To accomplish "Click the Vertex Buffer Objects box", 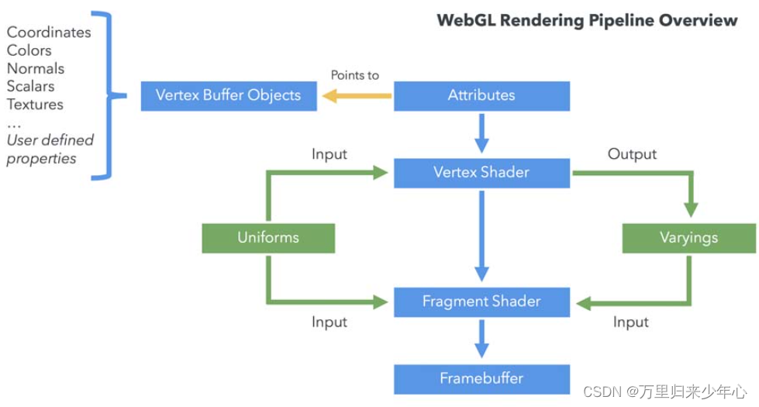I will tap(229, 96).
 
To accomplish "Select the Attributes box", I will tap(481, 96).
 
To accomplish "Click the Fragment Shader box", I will tap(481, 302).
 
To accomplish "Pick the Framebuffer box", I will tap(481, 379).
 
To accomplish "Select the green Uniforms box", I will tap(268, 238).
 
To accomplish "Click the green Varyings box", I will tap(688, 238).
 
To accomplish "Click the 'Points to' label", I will tap(355, 75).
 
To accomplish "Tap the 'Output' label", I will tap(632, 154).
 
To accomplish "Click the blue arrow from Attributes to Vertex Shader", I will tap(481, 133).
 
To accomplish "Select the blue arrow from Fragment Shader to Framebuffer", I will tap(481, 338).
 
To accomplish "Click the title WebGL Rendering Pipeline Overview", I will tap(587, 20).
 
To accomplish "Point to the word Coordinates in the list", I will tap(49, 33).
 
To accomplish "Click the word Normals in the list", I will tap(36, 68).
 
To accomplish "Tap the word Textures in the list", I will tap(35, 104).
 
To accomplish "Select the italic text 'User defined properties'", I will tap(50, 149).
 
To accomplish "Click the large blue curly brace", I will tap(109, 96).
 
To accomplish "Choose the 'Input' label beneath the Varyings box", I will tap(630, 322).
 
